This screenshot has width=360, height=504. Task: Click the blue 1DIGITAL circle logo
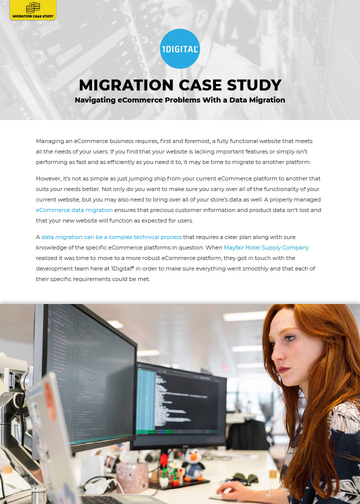pyautogui.click(x=180, y=48)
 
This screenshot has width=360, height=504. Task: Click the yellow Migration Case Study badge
pyautogui.click(x=33, y=10)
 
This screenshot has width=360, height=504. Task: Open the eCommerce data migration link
pyautogui.click(x=74, y=210)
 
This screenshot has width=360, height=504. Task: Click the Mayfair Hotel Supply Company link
pyautogui.click(x=266, y=247)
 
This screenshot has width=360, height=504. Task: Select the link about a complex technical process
pyautogui.click(x=111, y=237)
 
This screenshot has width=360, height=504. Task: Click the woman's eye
pyautogui.click(x=290, y=338)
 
